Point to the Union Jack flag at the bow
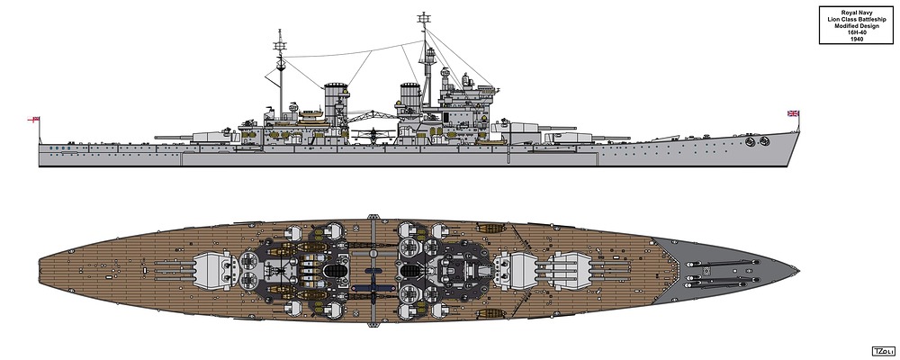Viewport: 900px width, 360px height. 794,113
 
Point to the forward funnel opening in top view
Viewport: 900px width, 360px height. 410,270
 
